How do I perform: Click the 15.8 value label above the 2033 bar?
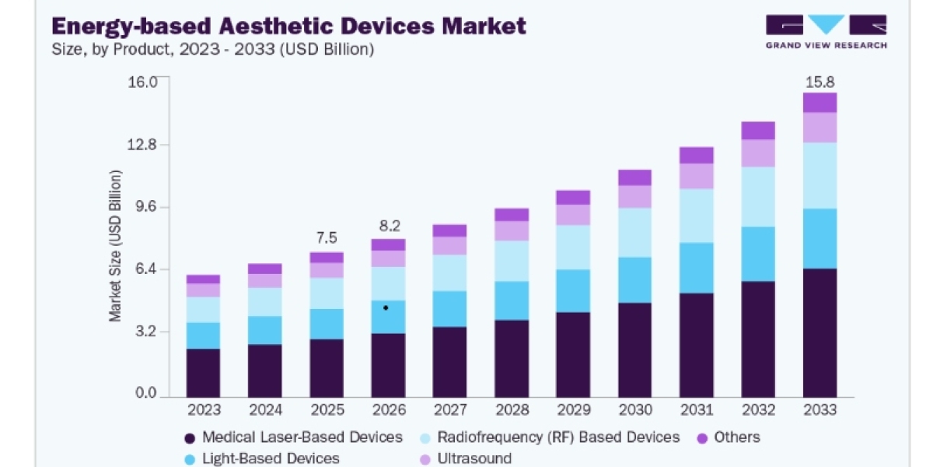point(819,82)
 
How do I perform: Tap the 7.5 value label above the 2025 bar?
point(327,237)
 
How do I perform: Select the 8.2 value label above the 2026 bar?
point(390,226)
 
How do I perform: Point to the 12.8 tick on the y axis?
point(142,145)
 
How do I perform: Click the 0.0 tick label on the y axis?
point(146,393)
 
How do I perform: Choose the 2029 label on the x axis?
point(574,410)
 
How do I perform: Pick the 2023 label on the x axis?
point(204,410)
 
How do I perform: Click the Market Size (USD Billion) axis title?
point(115,246)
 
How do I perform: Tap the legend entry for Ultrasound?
point(466,458)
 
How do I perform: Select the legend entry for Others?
point(729,437)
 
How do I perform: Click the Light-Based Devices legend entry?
point(262,458)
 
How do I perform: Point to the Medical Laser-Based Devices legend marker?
point(190,438)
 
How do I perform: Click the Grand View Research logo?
point(826,32)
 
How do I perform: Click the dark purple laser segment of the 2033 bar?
point(819,333)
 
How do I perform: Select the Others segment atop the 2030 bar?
point(634,177)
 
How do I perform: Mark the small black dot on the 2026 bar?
point(386,308)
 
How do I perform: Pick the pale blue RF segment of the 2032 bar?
point(758,197)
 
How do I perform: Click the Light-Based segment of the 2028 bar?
point(512,300)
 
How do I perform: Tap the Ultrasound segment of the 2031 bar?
point(697,177)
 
